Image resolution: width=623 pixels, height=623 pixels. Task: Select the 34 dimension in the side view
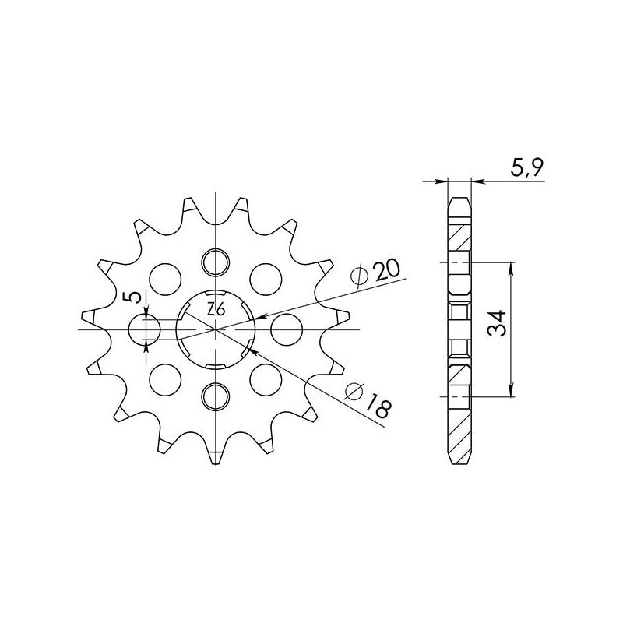click(x=498, y=323)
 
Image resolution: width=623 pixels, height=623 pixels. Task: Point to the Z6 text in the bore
click(x=216, y=308)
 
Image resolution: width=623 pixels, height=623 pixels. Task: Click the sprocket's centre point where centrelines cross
click(x=216, y=329)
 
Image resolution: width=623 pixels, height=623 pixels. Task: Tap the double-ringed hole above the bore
click(x=216, y=263)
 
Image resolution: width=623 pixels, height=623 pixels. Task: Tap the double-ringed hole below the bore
click(x=216, y=396)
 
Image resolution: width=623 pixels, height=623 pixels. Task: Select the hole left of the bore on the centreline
click(x=145, y=329)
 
